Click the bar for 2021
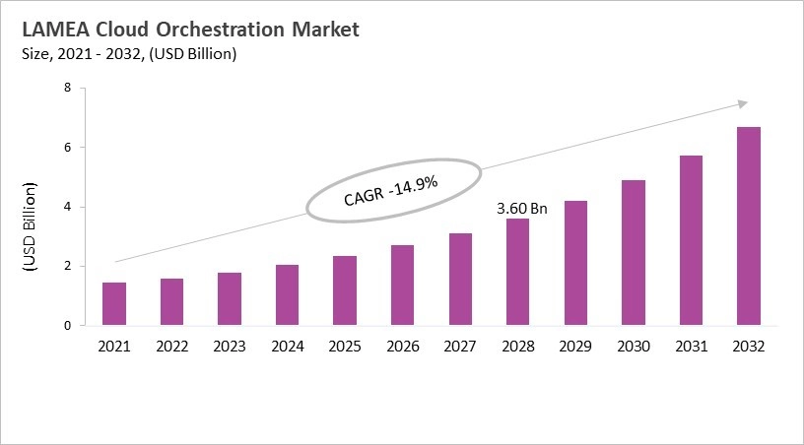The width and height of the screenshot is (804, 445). pyautogui.click(x=114, y=304)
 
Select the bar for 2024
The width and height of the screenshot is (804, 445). pyautogui.click(x=287, y=295)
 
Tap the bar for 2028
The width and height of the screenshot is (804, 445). pyautogui.click(x=517, y=273)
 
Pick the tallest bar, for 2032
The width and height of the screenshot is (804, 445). pyautogui.click(x=748, y=226)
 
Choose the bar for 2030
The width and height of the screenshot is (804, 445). pyautogui.click(x=633, y=253)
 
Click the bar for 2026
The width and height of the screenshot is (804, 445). pyautogui.click(x=402, y=286)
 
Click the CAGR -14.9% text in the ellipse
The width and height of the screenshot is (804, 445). pyautogui.click(x=391, y=191)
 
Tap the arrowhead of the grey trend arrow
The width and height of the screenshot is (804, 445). pyautogui.click(x=743, y=103)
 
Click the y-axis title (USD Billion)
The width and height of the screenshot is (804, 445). pyautogui.click(x=29, y=227)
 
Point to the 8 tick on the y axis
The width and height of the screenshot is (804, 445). pyautogui.click(x=67, y=88)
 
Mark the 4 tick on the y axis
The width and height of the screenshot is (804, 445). pyautogui.click(x=67, y=207)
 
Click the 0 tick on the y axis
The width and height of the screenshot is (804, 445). pyautogui.click(x=67, y=326)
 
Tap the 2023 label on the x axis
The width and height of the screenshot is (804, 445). pyautogui.click(x=230, y=347)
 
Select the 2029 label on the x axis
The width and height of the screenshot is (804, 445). pyautogui.click(x=574, y=347)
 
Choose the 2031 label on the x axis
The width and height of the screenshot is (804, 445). pyautogui.click(x=690, y=347)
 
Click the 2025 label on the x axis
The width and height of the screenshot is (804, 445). pyautogui.click(x=345, y=347)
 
